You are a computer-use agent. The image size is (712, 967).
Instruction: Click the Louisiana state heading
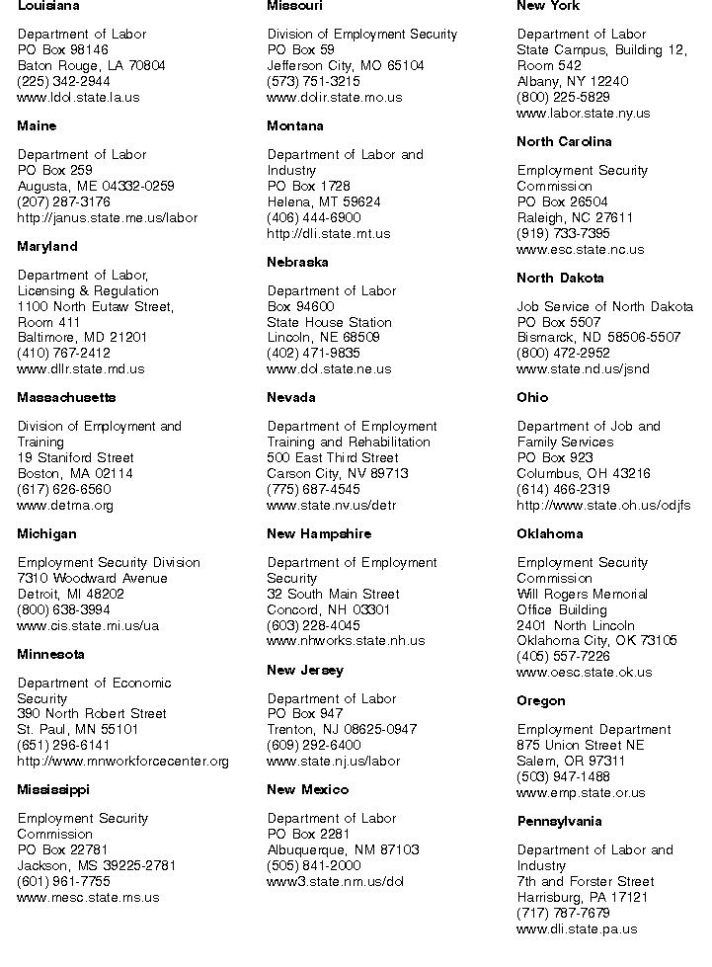click(49, 6)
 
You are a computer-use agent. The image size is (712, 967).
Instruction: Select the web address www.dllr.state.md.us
click(81, 369)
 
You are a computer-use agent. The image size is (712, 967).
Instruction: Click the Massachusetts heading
click(66, 398)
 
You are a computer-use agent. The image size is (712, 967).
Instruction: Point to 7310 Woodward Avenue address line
click(93, 579)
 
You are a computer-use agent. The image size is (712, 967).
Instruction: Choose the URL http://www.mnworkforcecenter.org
click(123, 762)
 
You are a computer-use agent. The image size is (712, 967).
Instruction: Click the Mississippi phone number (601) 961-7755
click(64, 882)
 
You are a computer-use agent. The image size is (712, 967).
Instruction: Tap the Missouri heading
click(294, 6)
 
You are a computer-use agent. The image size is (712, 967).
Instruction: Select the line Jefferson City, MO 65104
click(346, 65)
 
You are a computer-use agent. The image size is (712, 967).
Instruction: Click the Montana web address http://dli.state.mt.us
click(329, 234)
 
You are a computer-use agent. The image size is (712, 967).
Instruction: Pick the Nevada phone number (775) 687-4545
click(313, 489)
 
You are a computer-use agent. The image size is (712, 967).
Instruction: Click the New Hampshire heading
click(319, 534)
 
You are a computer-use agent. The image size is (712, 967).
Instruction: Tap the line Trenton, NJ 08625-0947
click(342, 730)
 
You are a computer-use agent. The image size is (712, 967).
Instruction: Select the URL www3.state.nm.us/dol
click(336, 882)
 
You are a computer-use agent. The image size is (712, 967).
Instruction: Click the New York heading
click(548, 6)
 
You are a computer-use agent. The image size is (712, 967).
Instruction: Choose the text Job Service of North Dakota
click(604, 306)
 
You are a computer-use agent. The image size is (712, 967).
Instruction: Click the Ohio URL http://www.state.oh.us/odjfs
click(603, 506)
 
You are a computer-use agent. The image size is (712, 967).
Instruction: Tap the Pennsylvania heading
click(559, 822)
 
